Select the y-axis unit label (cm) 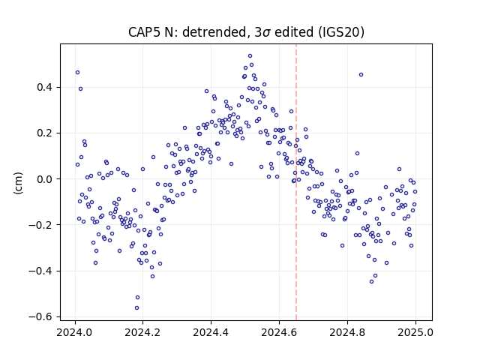pyautogui.click(x=18, y=183)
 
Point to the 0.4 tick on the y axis pyautogui.click(x=45, y=87)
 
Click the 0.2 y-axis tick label pyautogui.click(x=45, y=133)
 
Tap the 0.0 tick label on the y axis pyautogui.click(x=45, y=179)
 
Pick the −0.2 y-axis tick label pyautogui.click(x=40, y=225)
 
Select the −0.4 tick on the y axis pyautogui.click(x=40, y=271)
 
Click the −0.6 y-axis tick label pyautogui.click(x=40, y=316)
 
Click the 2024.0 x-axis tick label pyautogui.click(x=75, y=332)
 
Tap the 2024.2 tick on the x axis pyautogui.click(x=142, y=332)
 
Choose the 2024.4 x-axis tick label pyautogui.click(x=211, y=332)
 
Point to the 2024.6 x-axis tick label pyautogui.click(x=279, y=332)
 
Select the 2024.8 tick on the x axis pyautogui.click(x=347, y=332)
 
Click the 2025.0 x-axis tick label pyautogui.click(x=415, y=332)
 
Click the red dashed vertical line pyautogui.click(x=296, y=182)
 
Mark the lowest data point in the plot pyautogui.click(x=136, y=307)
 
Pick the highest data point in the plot pyautogui.click(x=250, y=55)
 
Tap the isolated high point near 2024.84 pyautogui.click(x=361, y=75)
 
